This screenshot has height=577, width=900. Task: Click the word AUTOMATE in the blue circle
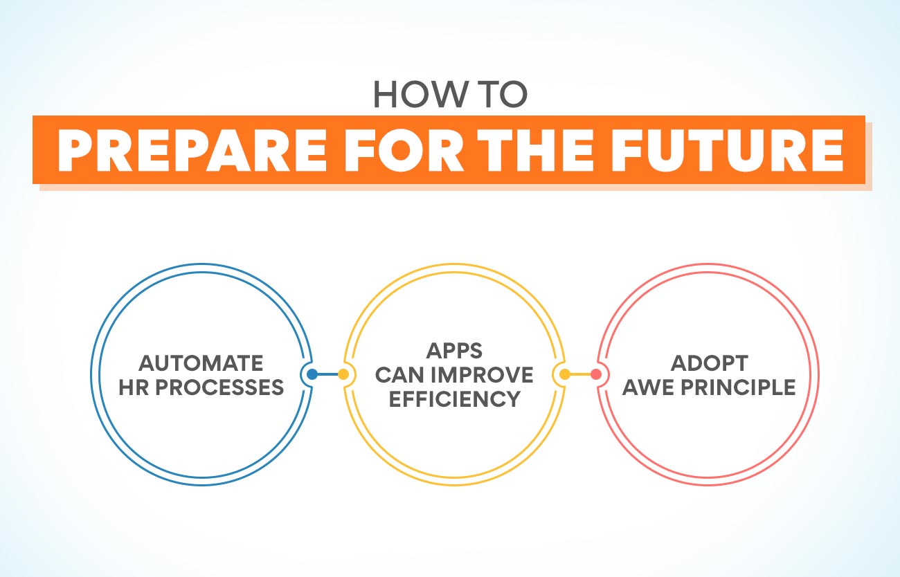tap(201, 363)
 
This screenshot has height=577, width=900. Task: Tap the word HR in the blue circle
tap(134, 387)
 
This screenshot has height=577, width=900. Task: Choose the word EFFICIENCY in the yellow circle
tap(454, 399)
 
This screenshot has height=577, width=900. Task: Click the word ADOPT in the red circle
tap(708, 363)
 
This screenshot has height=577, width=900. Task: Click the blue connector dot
tap(312, 375)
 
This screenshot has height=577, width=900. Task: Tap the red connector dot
tap(595, 375)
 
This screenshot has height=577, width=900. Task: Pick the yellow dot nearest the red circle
tap(565, 375)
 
